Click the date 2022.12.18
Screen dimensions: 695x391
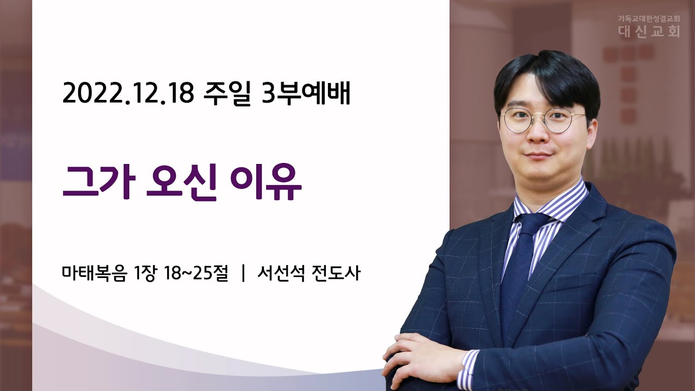[x=128, y=92]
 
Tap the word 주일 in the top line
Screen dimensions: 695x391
[x=227, y=93]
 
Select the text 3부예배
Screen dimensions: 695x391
[x=306, y=93]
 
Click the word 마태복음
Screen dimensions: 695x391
[x=94, y=273]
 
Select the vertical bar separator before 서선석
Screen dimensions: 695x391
[x=243, y=273]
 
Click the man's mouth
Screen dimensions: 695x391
[x=538, y=154]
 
